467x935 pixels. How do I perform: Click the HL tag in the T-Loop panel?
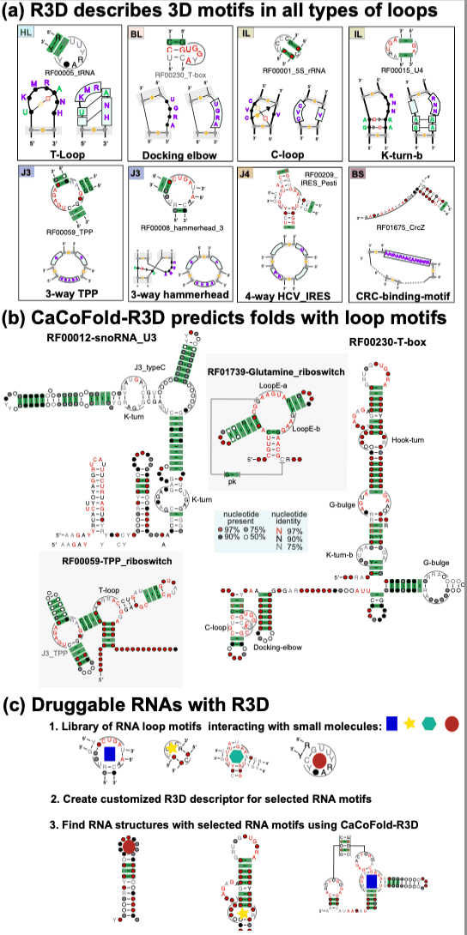coord(27,33)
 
